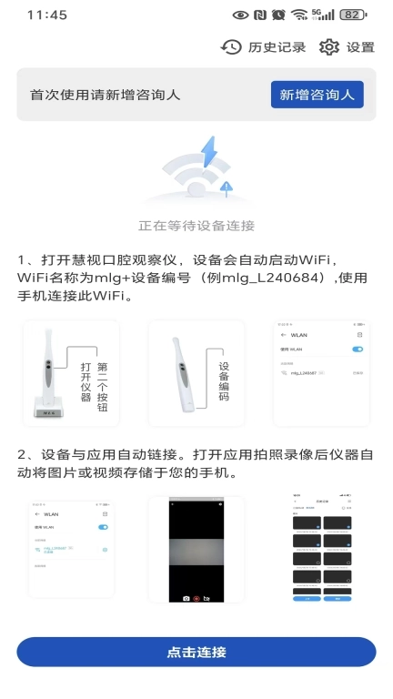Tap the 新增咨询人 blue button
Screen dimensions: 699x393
[x=317, y=95]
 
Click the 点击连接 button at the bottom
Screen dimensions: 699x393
[x=196, y=652]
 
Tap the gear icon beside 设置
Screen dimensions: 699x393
[x=328, y=46]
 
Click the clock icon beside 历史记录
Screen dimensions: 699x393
[x=231, y=46]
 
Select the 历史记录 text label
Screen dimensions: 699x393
[x=277, y=47]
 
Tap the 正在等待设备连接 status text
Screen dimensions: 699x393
[x=196, y=225]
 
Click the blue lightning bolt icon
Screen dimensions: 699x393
[x=210, y=152]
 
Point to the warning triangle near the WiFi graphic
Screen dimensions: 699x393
[x=227, y=186]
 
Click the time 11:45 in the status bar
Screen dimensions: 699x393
[x=47, y=15]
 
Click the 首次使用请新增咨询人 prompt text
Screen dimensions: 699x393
[x=106, y=95]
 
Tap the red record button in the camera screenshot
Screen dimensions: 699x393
[x=196, y=597]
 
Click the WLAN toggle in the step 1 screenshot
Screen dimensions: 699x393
[x=358, y=349]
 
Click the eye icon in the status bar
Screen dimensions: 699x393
[x=240, y=15]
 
